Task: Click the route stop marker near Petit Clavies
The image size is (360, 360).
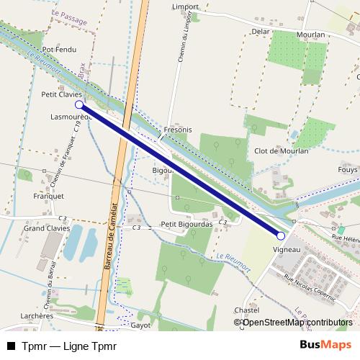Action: tap(79, 104)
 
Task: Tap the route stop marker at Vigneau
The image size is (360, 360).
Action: tap(281, 235)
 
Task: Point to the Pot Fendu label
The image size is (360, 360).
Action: tap(59, 50)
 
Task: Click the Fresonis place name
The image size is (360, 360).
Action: tap(178, 130)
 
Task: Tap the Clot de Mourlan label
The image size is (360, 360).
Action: tap(282, 151)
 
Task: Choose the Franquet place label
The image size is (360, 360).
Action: tap(49, 195)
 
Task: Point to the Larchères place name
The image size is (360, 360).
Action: tap(37, 315)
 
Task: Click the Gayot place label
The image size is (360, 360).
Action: tap(141, 325)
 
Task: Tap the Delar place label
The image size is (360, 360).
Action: tap(260, 32)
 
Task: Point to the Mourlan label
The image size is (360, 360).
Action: tap(310, 34)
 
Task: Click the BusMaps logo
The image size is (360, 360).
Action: tap(325, 345)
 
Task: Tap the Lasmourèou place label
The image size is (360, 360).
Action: tap(70, 115)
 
